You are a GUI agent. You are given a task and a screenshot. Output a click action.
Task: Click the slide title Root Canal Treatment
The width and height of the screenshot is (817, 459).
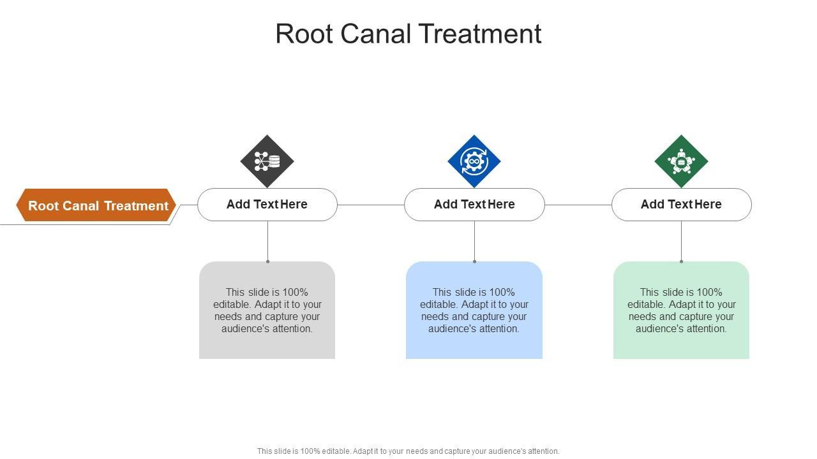point(408,34)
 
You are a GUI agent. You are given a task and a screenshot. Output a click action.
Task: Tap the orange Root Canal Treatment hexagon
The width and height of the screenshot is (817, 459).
point(96,205)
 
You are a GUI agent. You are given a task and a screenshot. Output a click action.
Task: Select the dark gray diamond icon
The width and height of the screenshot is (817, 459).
point(267,161)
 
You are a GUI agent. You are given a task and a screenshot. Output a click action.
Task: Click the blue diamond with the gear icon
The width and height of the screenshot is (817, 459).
point(474,161)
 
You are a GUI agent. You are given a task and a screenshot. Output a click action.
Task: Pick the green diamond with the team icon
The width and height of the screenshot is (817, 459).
point(681,161)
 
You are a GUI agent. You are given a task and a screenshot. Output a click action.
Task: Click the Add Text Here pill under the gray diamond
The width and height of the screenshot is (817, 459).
point(267,205)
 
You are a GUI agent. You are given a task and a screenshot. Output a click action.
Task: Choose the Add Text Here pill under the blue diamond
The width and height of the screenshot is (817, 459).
point(474,205)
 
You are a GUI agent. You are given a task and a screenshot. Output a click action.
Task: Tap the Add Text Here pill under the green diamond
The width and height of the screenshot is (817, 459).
point(682,205)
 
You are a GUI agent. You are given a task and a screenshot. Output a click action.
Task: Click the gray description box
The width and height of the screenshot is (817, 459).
point(267,310)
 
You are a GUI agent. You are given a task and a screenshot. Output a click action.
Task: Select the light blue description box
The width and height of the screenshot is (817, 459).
point(474,310)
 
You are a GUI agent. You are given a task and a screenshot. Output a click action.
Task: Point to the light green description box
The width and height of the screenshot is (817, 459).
point(681,310)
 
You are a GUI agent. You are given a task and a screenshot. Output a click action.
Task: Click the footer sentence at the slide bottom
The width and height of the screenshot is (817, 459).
point(408,451)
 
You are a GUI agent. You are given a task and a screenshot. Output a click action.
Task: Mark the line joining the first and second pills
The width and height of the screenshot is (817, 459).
point(371,205)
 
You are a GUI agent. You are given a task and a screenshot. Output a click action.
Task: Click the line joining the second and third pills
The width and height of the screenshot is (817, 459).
point(578,205)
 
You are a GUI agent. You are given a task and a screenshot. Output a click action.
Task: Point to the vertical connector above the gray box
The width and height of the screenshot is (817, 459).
point(267,242)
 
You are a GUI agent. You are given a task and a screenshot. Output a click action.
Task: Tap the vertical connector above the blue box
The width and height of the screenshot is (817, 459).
point(474,242)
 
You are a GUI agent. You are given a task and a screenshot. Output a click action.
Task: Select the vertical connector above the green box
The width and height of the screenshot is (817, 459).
point(681,242)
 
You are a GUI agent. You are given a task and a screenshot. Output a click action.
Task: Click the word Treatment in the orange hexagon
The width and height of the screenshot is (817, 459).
point(136,206)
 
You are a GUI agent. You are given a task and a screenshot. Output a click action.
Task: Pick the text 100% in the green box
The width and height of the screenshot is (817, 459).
point(709,292)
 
